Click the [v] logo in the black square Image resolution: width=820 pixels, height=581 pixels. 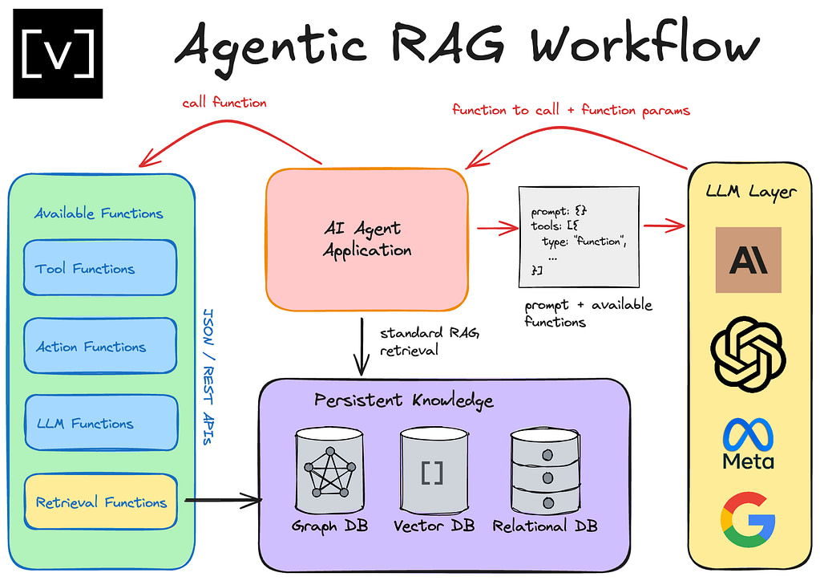point(58,53)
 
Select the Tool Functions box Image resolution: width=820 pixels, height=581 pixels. point(99,268)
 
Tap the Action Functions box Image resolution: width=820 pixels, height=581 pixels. point(99,346)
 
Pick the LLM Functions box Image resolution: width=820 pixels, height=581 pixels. point(99,423)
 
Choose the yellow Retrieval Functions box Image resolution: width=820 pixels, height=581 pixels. point(99,502)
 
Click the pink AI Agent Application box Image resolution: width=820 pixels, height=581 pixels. point(367,240)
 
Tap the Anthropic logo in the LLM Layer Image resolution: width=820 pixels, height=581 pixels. point(748,260)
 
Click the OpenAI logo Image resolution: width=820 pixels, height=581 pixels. point(748,354)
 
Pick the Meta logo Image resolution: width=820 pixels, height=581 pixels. point(748,443)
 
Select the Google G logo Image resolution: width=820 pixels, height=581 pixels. point(748,519)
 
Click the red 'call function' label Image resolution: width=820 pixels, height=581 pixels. point(224,103)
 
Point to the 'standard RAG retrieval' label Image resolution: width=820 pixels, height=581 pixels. point(419,341)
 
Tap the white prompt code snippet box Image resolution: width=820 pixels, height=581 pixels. point(579,236)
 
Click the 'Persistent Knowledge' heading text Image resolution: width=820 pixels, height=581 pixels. point(403,400)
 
